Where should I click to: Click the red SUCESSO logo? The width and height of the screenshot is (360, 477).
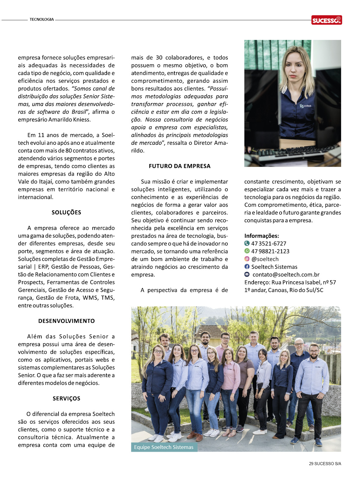tap(326, 20)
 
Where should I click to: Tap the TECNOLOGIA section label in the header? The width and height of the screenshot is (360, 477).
tap(42, 20)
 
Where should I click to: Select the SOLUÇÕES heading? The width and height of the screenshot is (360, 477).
tap(66, 212)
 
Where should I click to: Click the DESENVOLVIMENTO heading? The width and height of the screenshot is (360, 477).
tap(66, 321)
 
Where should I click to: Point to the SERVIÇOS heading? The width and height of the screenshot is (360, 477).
tap(66, 398)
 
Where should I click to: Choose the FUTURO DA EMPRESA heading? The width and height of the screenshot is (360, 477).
tap(180, 166)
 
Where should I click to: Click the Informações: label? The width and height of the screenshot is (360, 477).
tap(262, 236)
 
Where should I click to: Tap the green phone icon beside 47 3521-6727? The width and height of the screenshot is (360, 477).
tap(247, 243)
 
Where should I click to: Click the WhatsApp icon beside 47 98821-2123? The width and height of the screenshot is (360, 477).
tap(247, 251)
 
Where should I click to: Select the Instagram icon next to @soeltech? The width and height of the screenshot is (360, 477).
tap(247, 259)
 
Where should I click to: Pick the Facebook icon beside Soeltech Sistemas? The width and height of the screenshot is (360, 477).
tap(247, 267)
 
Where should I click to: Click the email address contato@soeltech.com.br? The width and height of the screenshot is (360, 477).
tap(286, 275)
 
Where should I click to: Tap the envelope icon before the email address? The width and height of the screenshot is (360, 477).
tap(247, 274)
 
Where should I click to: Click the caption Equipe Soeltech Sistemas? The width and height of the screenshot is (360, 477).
tap(164, 447)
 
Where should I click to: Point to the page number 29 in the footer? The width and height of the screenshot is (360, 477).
tap(311, 464)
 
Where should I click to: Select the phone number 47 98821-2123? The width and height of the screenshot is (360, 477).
tap(270, 251)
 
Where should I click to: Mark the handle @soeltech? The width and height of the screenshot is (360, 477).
tap(265, 259)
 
